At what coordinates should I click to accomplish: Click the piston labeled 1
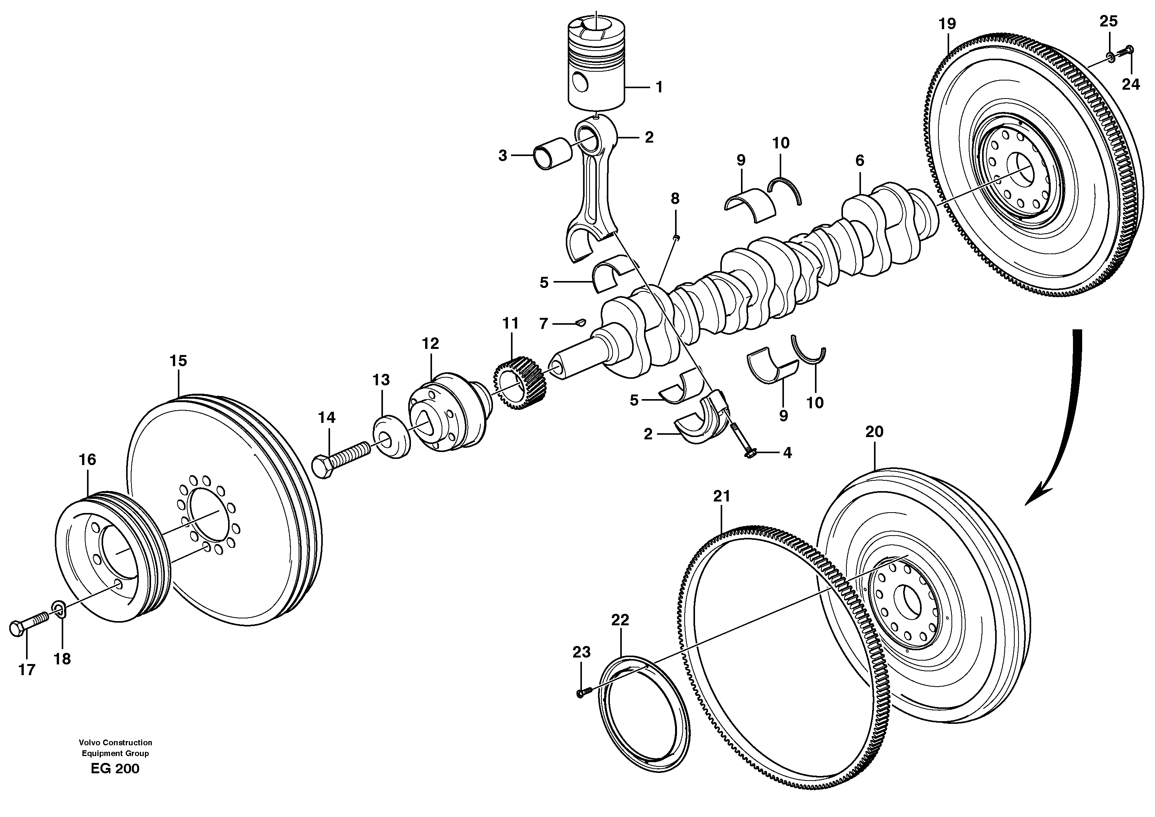(596, 63)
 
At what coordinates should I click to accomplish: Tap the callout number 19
(947, 24)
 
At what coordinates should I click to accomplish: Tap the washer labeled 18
(59, 611)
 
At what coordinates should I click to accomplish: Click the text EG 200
(115, 769)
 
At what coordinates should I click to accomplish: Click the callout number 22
(620, 620)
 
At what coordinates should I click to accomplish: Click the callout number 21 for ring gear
(721, 496)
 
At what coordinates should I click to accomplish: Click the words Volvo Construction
(115, 743)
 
